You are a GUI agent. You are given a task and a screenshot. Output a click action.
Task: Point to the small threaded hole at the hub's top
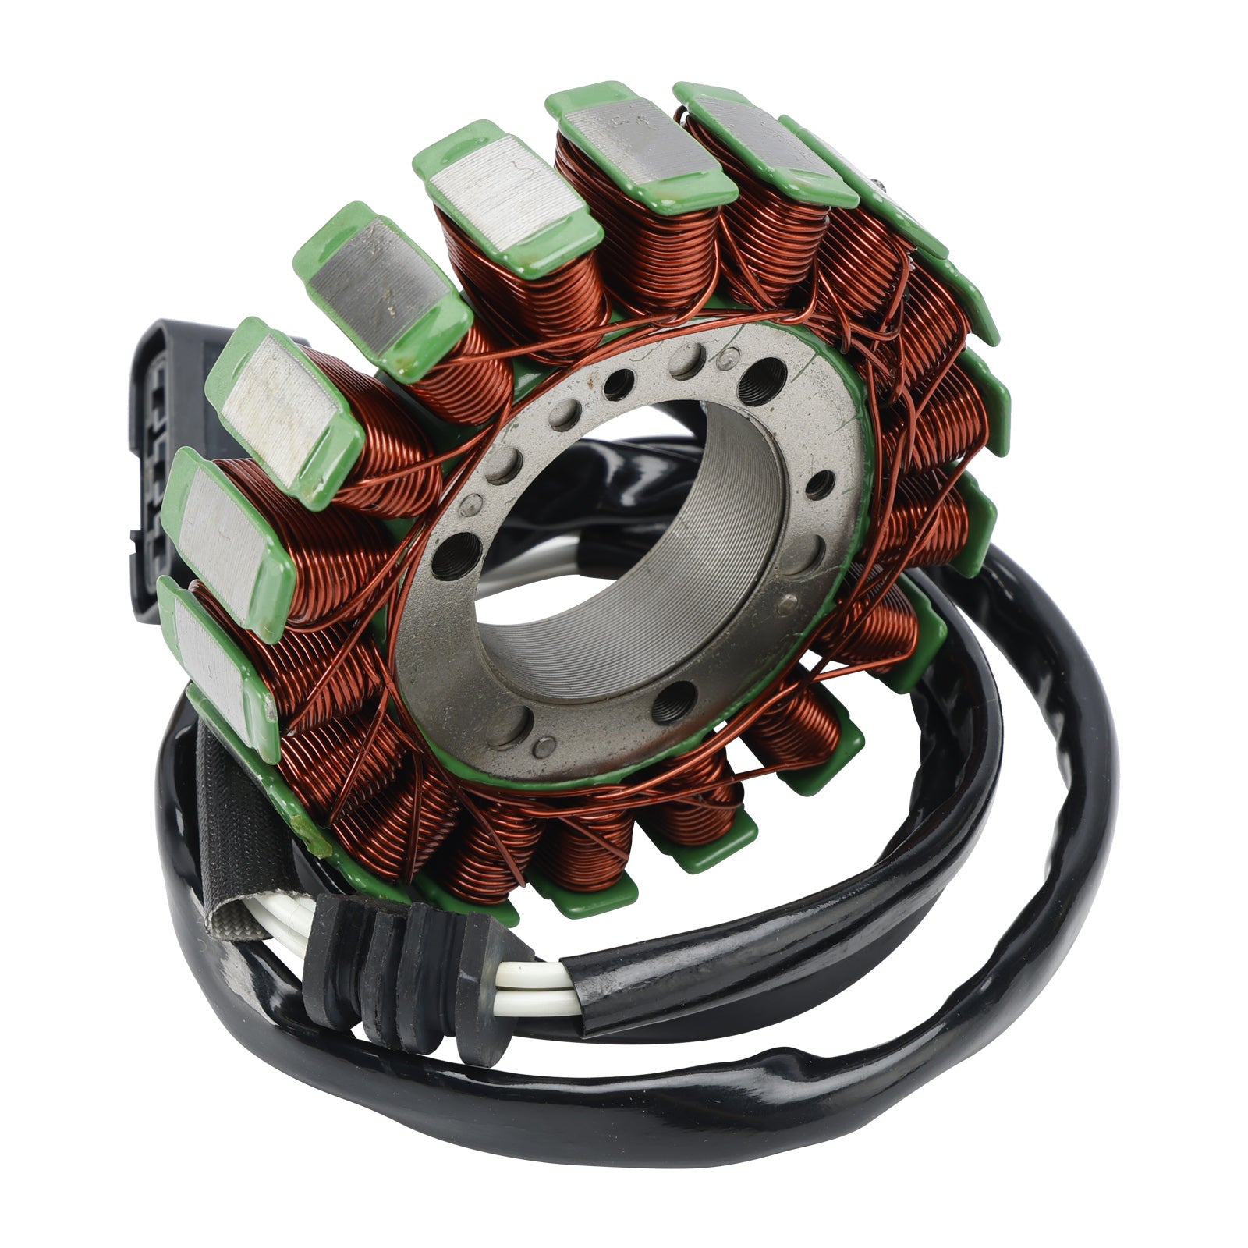(620, 383)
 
